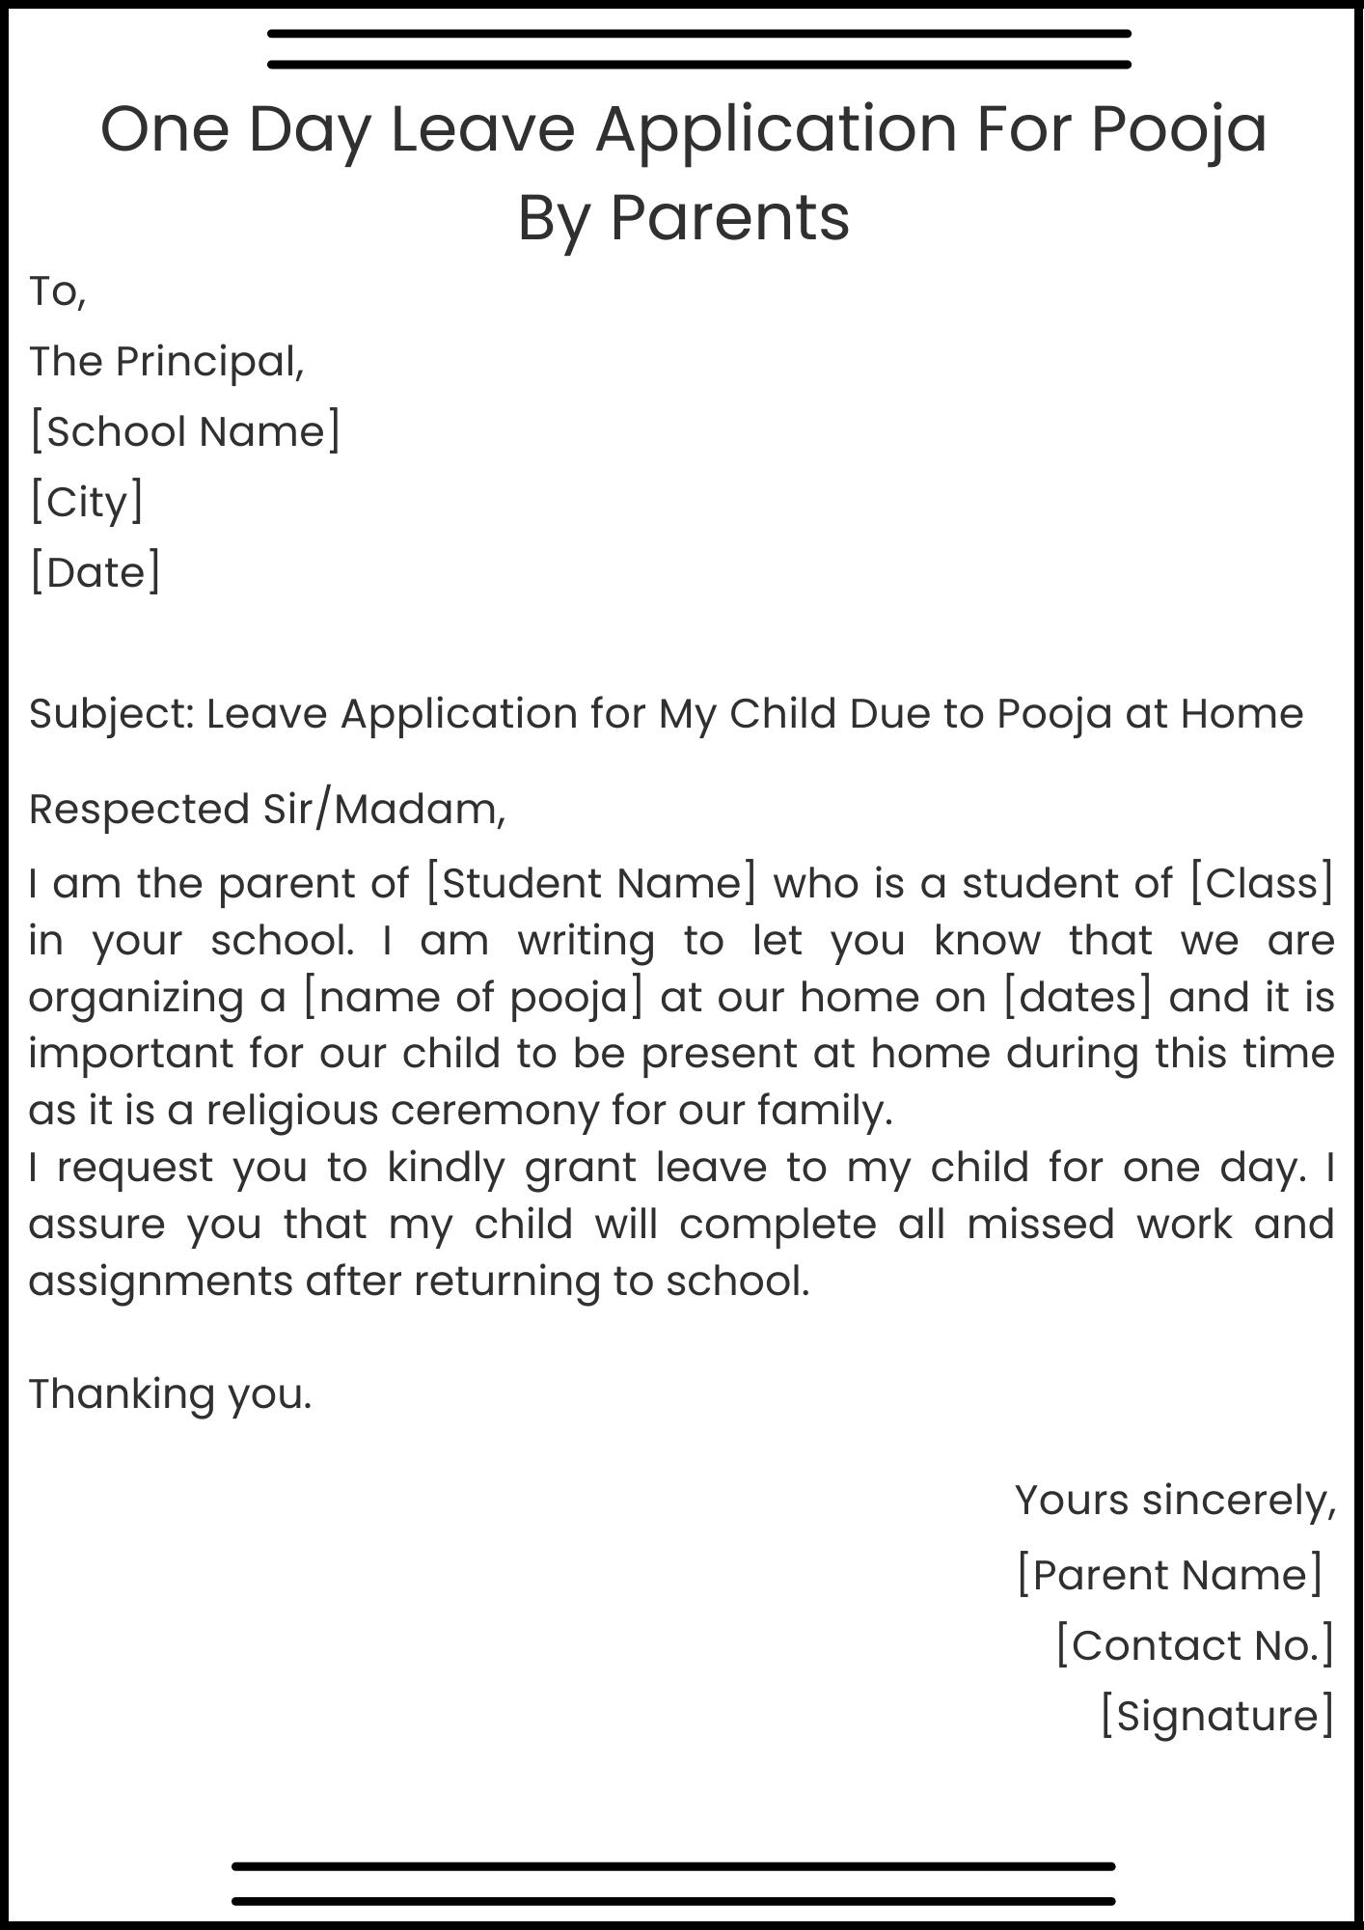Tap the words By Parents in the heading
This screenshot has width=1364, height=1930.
(683, 217)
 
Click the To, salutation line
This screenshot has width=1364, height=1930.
(58, 291)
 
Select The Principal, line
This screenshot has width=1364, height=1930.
(166, 362)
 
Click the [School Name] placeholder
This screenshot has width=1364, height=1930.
(185, 431)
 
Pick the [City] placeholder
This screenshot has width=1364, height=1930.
(87, 502)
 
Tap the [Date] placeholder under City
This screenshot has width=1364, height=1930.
(95, 572)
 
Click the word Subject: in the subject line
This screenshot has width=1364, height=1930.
(112, 715)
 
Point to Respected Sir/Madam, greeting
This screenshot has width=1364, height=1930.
(267, 810)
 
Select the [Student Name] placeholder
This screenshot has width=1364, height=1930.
(590, 884)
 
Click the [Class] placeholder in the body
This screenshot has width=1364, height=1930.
(1262, 884)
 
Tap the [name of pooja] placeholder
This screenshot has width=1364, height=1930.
(472, 997)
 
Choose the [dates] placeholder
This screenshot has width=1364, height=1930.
(1078, 997)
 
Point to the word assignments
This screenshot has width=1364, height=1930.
(160, 1282)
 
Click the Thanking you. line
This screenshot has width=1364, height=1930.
(170, 1394)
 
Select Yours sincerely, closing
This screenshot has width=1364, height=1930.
(1174, 1501)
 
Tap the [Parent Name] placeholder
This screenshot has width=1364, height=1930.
(1169, 1575)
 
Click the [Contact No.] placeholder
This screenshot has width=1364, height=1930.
(1194, 1645)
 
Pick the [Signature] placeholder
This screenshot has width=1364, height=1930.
(1217, 1716)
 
